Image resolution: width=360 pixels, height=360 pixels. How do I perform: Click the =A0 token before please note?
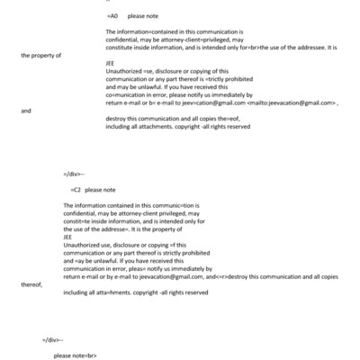112,16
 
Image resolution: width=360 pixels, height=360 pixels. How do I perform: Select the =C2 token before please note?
76,190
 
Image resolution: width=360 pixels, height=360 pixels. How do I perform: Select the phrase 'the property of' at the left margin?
41,56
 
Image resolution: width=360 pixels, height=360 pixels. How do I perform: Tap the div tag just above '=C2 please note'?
74,170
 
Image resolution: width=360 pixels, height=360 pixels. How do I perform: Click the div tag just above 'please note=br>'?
52,338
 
